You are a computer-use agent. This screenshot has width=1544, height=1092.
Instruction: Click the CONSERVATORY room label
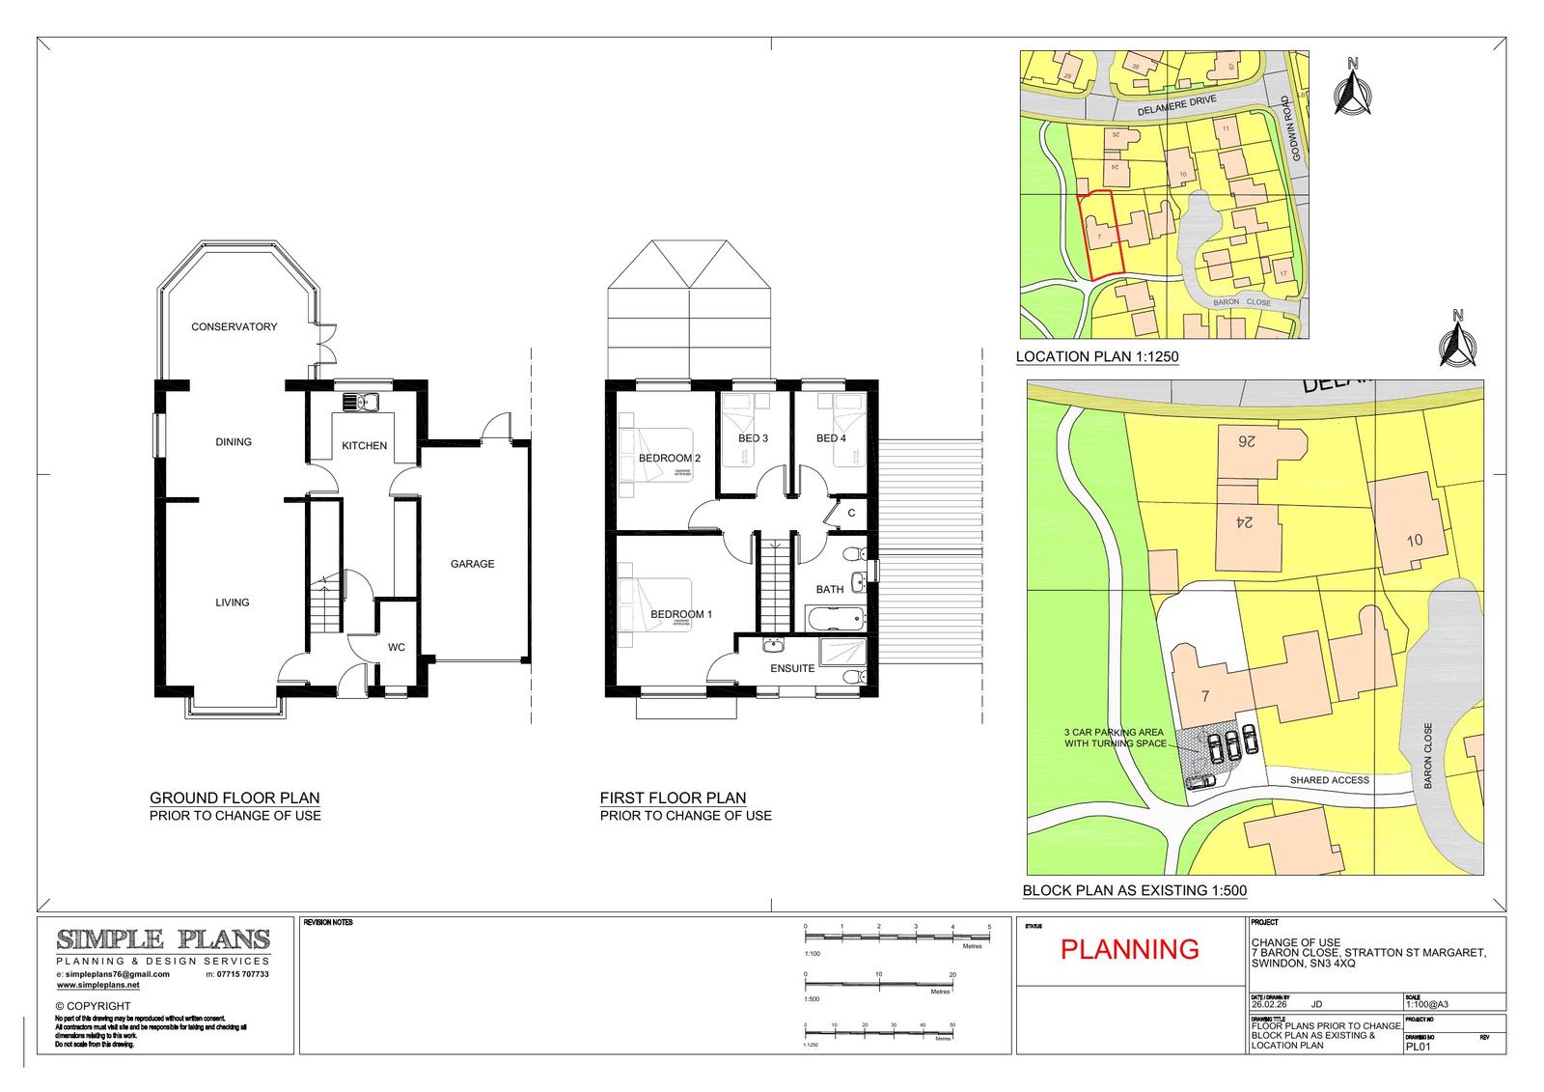coord(234,326)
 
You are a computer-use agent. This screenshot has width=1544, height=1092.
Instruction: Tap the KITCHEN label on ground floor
coord(365,445)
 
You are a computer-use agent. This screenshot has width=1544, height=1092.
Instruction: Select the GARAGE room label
coord(472,564)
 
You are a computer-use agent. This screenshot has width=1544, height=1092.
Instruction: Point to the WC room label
coord(397,648)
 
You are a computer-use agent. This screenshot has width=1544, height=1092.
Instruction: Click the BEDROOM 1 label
coord(680,614)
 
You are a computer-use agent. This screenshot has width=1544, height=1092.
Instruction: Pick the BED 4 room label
coord(831,438)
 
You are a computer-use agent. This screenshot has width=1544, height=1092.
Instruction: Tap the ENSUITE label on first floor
coord(792,668)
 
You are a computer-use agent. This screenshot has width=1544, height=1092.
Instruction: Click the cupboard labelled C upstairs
coord(851,514)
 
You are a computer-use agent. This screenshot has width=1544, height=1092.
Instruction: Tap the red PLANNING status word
coord(1129,949)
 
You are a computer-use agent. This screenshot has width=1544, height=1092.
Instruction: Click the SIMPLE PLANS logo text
coord(163,939)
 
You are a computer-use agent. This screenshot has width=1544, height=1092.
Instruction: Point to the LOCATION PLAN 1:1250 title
coord(1097,357)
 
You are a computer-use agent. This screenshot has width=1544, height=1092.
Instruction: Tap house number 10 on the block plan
coord(1414,540)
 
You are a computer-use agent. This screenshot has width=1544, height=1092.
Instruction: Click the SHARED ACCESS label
coord(1329,780)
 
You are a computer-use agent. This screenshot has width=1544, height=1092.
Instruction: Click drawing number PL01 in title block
coord(1418,1046)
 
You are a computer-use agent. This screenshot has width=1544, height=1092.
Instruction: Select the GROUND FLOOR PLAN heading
coord(234,798)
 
